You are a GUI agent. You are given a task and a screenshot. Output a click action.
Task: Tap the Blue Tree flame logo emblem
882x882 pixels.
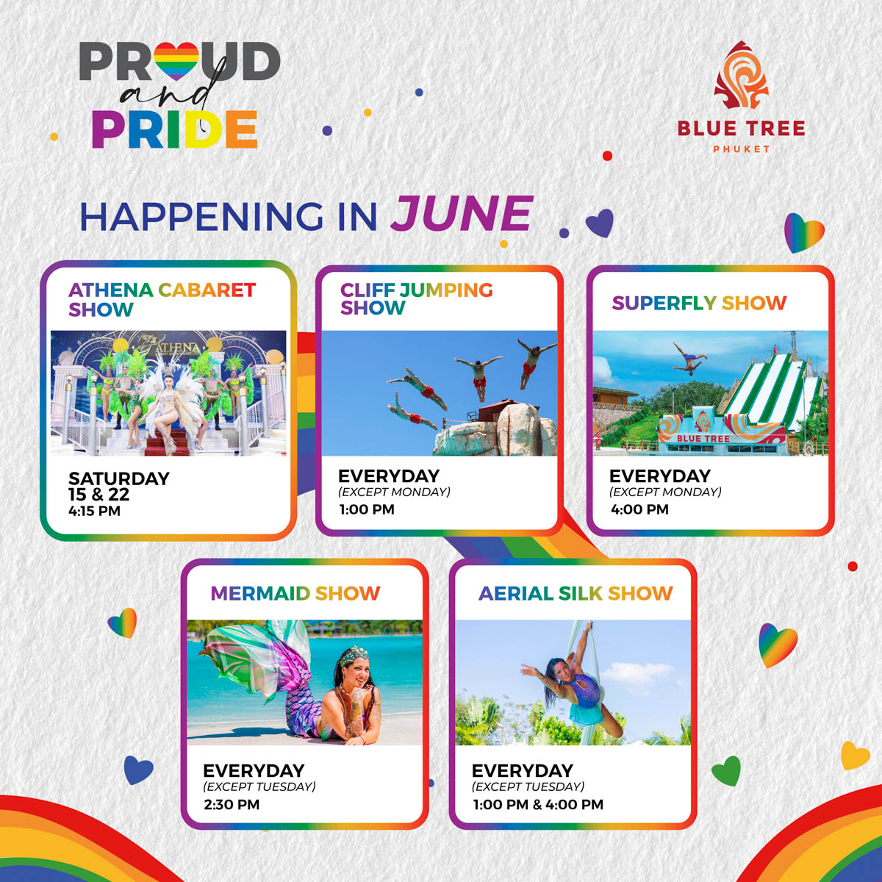click(x=741, y=76)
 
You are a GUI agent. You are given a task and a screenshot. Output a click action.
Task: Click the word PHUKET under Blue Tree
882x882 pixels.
click(x=741, y=148)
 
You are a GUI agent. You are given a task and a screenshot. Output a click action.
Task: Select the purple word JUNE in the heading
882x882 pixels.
click(x=462, y=214)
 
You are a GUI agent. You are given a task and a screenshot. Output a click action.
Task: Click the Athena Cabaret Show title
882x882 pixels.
click(x=162, y=300)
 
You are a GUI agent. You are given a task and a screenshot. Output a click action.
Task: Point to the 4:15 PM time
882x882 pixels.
click(x=94, y=511)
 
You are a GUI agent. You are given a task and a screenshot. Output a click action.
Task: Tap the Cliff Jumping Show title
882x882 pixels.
click(x=417, y=298)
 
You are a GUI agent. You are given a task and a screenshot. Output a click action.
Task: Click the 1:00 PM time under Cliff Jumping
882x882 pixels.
click(x=367, y=509)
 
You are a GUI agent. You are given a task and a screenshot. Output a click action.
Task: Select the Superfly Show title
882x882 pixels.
click(x=699, y=303)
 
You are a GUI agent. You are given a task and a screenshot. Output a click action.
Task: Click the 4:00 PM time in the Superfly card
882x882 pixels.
click(x=639, y=509)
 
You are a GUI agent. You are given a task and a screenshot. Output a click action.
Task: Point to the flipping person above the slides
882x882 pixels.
click(x=689, y=359)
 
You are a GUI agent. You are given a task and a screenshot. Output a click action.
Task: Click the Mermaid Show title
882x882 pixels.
click(x=295, y=593)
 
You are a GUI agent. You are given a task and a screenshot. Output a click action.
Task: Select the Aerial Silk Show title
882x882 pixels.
click(x=576, y=593)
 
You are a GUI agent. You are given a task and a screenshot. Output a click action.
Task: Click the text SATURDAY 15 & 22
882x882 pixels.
click(x=119, y=487)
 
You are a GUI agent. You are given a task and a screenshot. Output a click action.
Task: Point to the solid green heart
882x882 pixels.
click(x=726, y=771)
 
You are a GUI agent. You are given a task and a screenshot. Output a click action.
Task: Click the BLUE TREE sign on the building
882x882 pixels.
click(x=703, y=439)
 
